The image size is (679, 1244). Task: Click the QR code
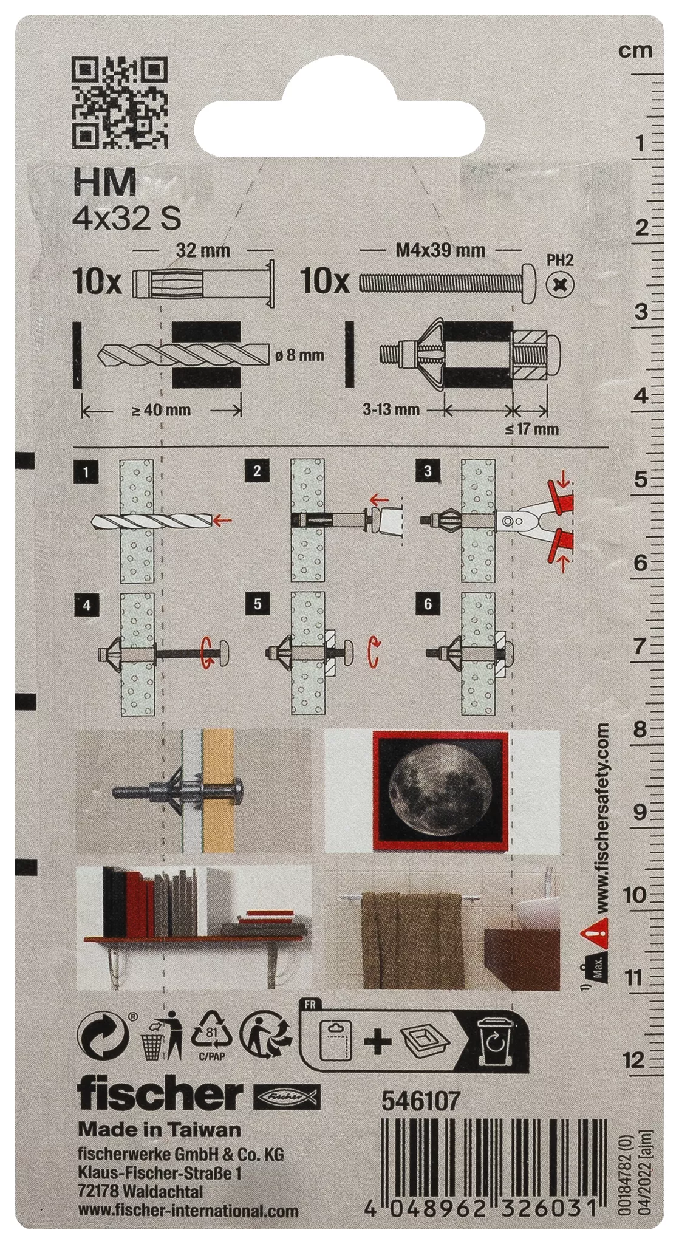(x=119, y=103)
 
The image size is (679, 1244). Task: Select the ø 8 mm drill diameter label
(x=299, y=355)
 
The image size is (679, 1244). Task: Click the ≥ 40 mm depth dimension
(x=161, y=410)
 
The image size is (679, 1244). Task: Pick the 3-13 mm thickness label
(x=391, y=409)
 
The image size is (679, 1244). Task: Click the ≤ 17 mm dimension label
(x=531, y=429)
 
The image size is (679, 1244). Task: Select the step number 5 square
(x=258, y=604)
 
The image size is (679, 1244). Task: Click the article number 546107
(x=420, y=1101)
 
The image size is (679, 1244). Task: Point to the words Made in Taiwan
(x=160, y=1129)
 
